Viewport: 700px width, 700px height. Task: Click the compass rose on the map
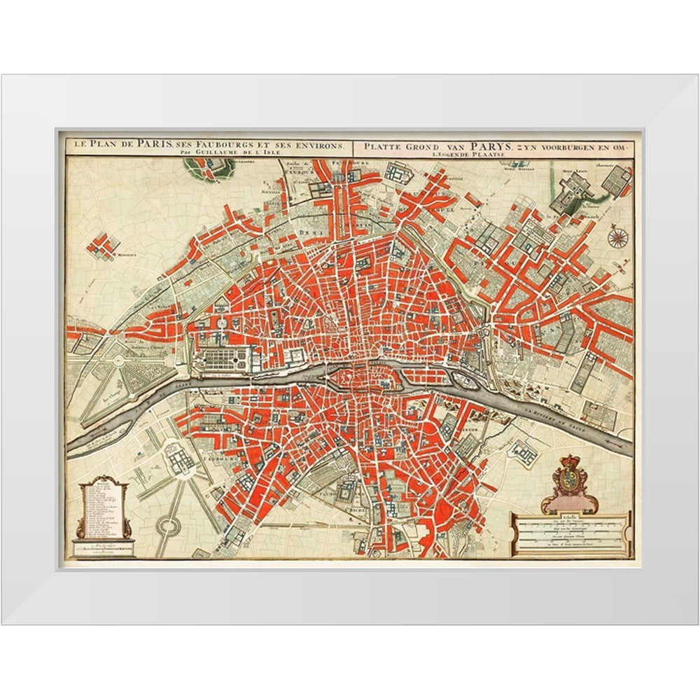[x=617, y=238]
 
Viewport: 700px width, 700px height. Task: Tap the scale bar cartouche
[x=571, y=533]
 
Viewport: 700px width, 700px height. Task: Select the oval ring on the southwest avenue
[x=167, y=525]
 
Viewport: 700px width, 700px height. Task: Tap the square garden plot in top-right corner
[x=616, y=181]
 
